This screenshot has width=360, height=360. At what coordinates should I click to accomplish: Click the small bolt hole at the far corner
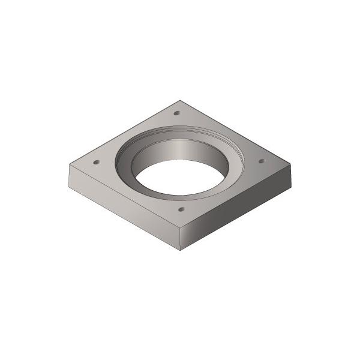click(x=176, y=113)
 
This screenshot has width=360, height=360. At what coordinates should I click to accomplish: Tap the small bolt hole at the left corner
click(x=96, y=162)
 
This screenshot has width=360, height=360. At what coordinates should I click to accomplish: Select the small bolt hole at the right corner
click(x=261, y=161)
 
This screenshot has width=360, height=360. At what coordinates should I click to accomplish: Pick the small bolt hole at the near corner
click(x=181, y=210)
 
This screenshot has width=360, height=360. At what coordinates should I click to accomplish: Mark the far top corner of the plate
click(x=180, y=100)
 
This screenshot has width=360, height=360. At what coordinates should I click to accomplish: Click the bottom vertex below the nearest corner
click(x=180, y=250)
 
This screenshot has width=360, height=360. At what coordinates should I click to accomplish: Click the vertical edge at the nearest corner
click(x=180, y=240)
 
